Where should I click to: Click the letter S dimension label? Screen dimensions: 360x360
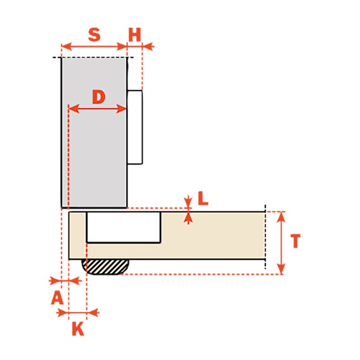[x=94, y=35]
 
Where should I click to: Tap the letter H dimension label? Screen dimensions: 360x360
[x=135, y=35]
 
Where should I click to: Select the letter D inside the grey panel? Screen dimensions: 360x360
[x=99, y=97]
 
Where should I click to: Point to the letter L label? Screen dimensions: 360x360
[x=203, y=198]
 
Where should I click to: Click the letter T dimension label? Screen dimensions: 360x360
[x=296, y=241]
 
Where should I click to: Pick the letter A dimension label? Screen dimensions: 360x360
[x=57, y=297]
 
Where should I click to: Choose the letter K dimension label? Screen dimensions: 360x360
[x=78, y=329]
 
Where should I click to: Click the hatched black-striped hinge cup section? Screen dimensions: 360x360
[x=105, y=267]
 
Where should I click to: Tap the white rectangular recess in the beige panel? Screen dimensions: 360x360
[x=123, y=227]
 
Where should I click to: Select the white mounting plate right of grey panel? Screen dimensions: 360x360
[x=135, y=127]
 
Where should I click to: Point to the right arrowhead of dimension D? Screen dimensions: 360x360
[x=121, y=108]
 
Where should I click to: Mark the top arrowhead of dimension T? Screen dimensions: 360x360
[x=281, y=217]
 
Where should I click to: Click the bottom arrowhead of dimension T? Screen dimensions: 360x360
[x=281, y=269]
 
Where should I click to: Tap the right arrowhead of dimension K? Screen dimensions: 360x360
[x=93, y=312]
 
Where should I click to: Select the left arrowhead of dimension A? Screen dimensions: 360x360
[x=55, y=280]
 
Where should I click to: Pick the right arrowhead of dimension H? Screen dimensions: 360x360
[x=148, y=46]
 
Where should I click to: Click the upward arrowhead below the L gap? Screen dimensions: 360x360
[x=188, y=218]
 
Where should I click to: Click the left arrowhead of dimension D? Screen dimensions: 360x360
[x=74, y=108]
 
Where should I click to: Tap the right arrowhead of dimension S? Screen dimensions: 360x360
[x=121, y=46]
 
